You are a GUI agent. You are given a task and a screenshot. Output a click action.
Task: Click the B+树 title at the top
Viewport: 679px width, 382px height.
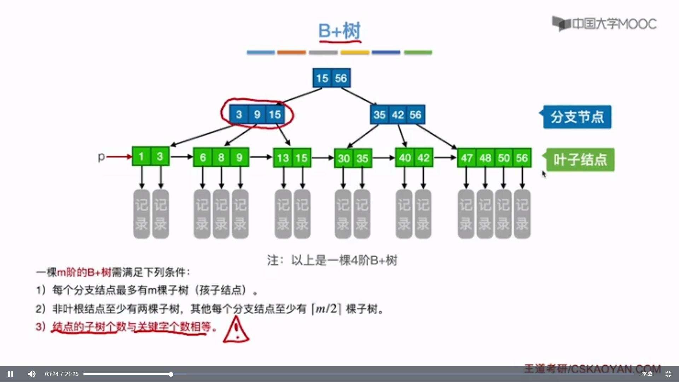pyautogui.click(x=339, y=31)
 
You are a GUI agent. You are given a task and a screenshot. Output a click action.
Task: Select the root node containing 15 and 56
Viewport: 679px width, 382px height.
pyautogui.click(x=331, y=78)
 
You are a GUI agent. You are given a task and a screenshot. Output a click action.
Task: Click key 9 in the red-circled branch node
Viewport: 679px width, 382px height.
pyautogui.click(x=257, y=115)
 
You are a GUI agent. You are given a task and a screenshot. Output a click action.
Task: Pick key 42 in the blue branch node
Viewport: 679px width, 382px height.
pyautogui.click(x=398, y=115)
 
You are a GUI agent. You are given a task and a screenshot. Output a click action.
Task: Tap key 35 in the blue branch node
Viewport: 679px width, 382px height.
pyautogui.click(x=379, y=115)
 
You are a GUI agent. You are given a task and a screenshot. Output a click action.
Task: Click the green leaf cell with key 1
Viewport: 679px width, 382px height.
pyautogui.click(x=141, y=157)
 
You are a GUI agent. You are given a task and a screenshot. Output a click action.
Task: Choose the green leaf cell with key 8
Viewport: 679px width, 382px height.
pyautogui.click(x=221, y=157)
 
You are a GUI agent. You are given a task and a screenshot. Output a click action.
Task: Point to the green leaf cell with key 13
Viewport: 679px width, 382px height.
pyautogui.click(x=283, y=158)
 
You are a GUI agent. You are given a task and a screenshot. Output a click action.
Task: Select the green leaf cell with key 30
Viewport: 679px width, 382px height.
pyautogui.click(x=344, y=158)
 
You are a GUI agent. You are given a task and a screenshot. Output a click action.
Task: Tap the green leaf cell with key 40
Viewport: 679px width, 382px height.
pyautogui.click(x=405, y=158)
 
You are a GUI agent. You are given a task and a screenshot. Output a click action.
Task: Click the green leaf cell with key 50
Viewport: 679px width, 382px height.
pyautogui.click(x=504, y=158)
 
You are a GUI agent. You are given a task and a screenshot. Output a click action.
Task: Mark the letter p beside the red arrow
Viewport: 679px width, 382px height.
pyautogui.click(x=101, y=156)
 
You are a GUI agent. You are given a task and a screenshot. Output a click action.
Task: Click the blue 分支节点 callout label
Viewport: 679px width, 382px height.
pyautogui.click(x=577, y=117)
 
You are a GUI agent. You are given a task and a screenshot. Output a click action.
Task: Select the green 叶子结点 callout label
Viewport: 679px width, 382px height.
pyautogui.click(x=580, y=160)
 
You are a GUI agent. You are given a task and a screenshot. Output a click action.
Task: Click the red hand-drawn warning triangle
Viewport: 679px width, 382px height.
pyautogui.click(x=236, y=330)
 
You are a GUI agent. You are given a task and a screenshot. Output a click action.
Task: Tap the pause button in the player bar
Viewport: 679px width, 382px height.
pyautogui.click(x=11, y=374)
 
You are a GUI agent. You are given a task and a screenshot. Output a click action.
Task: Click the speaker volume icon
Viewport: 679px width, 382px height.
pyautogui.click(x=32, y=374)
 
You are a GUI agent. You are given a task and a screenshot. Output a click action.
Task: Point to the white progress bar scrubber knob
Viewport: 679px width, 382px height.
pyautogui.click(x=171, y=374)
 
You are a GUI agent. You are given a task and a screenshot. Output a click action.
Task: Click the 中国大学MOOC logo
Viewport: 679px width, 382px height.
pyautogui.click(x=604, y=24)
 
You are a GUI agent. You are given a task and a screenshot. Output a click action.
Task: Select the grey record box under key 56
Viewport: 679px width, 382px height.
pyautogui.click(x=522, y=214)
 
